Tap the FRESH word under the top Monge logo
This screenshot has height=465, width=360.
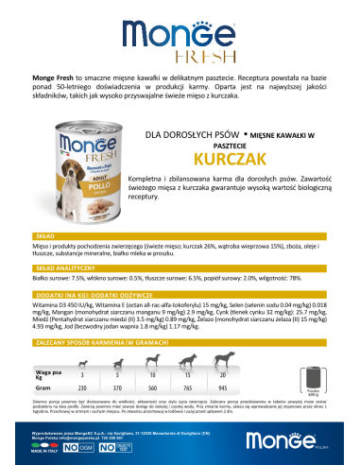pyautogui.click(x=180, y=55)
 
